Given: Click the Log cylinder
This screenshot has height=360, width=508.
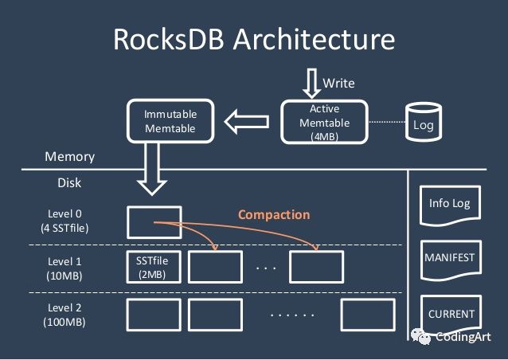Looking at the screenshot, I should click(x=423, y=121).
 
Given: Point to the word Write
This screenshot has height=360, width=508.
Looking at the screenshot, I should click(x=339, y=83).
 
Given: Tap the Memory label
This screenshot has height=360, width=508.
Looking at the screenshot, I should click(x=69, y=157).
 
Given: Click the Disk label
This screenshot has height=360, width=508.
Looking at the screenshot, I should click(x=69, y=182).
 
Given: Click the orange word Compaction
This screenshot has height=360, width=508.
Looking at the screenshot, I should click(x=274, y=215).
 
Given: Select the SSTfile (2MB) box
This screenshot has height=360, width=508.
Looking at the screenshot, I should click(x=154, y=268).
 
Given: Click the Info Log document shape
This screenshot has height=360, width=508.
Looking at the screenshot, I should click(x=450, y=204).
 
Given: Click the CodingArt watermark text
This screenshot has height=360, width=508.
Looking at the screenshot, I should click(x=466, y=338).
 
